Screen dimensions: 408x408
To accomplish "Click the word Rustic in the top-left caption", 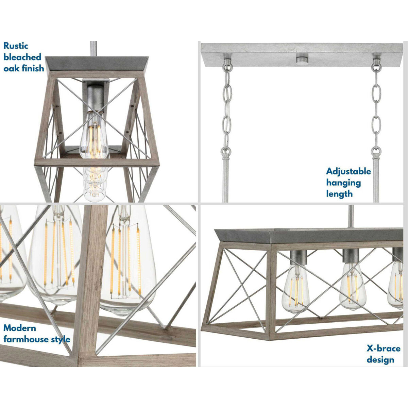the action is (x=16, y=46).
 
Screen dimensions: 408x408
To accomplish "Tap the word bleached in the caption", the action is (x=22, y=57).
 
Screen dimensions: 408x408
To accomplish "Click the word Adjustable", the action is (x=348, y=172).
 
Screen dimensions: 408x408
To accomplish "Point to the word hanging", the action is (x=343, y=183).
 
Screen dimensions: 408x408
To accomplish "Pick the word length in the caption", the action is (x=339, y=194).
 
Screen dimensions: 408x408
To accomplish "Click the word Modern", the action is (x=20, y=328).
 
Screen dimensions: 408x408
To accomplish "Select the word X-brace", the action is (x=384, y=348).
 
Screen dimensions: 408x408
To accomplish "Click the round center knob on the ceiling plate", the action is (x=302, y=60).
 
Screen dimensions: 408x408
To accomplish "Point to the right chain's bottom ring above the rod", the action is (x=376, y=152).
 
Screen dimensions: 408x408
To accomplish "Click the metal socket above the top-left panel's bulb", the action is (x=95, y=99).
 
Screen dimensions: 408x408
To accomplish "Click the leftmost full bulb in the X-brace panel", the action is (x=295, y=289).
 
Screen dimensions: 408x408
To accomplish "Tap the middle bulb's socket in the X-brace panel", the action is (x=351, y=256).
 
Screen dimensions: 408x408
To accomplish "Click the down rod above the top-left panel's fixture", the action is (x=93, y=49).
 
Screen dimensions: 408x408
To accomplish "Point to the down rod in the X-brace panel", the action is (x=351, y=216).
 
